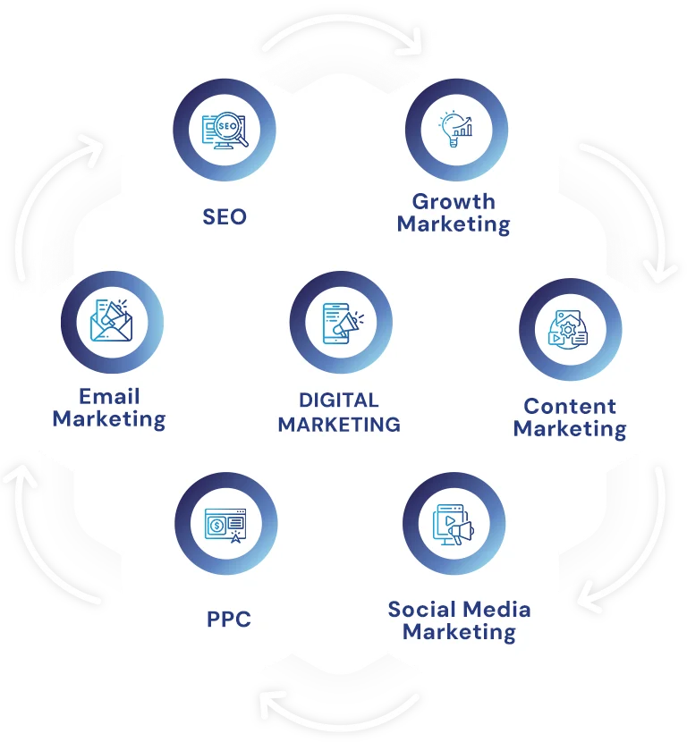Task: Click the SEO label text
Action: pos(225,216)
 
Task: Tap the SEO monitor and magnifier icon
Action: pos(225,131)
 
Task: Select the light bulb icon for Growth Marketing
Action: pos(455,130)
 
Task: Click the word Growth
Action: pos(454,201)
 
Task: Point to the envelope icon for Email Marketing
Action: pos(111,320)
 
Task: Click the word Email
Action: pos(109,397)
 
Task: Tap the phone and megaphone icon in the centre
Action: pos(343,324)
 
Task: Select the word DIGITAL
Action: pos(339,401)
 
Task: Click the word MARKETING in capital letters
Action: pos(339,425)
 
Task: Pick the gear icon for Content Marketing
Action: pos(568,329)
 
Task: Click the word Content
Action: pos(570,406)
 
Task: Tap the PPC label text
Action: pos(229,619)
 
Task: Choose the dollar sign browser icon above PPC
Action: pos(225,526)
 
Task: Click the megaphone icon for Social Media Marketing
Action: pos(454,525)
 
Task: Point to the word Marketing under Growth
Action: pos(454,224)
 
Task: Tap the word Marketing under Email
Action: pos(109,419)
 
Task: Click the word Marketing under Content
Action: pos(570,429)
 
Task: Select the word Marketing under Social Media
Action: pos(459,632)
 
